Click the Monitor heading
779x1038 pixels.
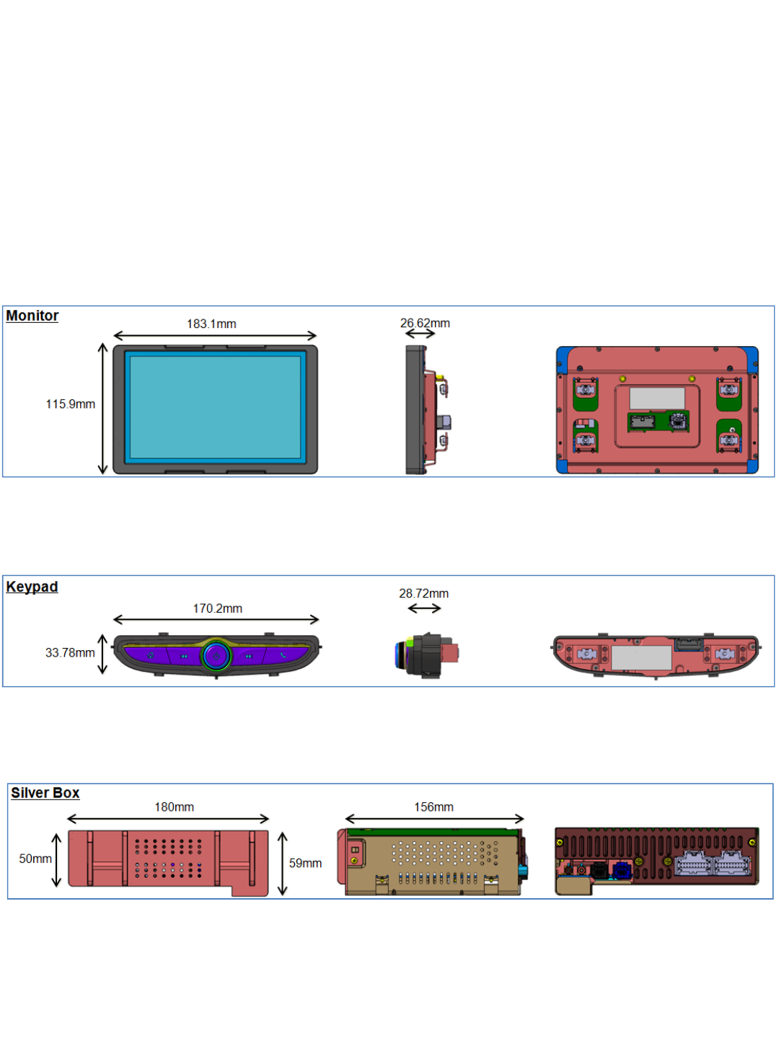pyautogui.click(x=32, y=316)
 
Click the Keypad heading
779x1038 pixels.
pyautogui.click(x=32, y=587)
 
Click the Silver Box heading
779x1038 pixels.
pyautogui.click(x=45, y=793)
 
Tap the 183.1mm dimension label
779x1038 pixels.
pyautogui.click(x=211, y=324)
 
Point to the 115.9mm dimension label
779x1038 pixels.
pyautogui.click(x=70, y=404)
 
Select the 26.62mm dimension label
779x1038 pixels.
pyautogui.click(x=425, y=323)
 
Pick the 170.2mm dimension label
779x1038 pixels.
pyautogui.click(x=217, y=608)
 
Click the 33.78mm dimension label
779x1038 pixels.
pyautogui.click(x=70, y=653)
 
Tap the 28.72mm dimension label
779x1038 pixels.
pyautogui.click(x=423, y=593)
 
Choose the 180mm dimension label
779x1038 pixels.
pyautogui.click(x=174, y=807)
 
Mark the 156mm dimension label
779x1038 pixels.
pyautogui.click(x=433, y=807)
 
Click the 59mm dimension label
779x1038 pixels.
pyautogui.click(x=305, y=864)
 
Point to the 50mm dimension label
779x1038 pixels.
pyautogui.click(x=35, y=859)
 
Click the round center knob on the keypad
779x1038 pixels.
pyautogui.click(x=216, y=656)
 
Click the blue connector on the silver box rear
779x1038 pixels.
pyautogui.click(x=621, y=870)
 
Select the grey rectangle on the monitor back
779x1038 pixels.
pyautogui.click(x=656, y=398)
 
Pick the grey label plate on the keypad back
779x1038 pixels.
pyautogui.click(x=641, y=657)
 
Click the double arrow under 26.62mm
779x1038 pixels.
pyautogui.click(x=420, y=334)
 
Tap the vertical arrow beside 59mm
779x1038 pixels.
pyautogui.click(x=283, y=864)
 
